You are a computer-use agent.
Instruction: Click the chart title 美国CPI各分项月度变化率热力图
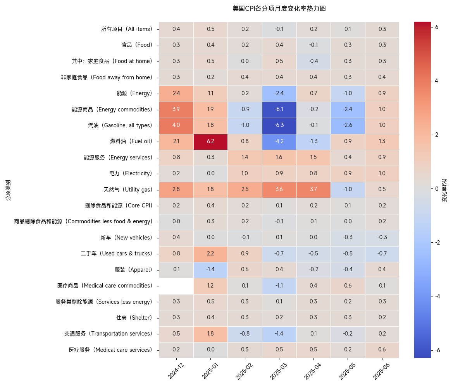coord(279,9)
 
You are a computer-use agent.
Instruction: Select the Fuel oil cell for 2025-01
coord(210,142)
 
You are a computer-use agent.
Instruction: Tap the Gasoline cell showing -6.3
coord(279,125)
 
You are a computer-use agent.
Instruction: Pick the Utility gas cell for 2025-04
coord(313,190)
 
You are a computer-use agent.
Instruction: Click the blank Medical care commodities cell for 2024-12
coord(176,286)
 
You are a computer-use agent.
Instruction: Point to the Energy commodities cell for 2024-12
coord(176,110)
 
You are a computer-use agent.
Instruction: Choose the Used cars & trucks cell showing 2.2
coord(210,254)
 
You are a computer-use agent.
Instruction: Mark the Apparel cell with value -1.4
coord(210,270)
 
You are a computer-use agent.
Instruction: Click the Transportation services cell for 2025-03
coord(279,334)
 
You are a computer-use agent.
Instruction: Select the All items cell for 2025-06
coord(382,29)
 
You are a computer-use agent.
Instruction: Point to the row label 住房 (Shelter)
coord(134,318)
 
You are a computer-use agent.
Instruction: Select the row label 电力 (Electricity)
coord(131,173)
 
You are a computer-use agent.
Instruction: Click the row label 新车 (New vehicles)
coord(126,238)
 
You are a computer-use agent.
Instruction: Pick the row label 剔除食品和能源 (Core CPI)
coord(119,205)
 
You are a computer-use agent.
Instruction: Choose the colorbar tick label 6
coord(437,27)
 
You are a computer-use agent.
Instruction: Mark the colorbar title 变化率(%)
coord(444,190)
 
